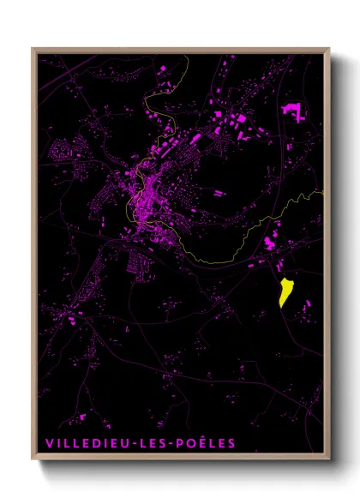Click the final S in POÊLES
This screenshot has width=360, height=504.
[x=231, y=443]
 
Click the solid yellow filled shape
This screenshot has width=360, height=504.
[x=285, y=292]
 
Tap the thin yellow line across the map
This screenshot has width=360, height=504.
[x=231, y=258]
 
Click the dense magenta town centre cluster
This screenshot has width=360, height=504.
[x=146, y=193]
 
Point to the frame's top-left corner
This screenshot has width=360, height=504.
[x=33, y=49]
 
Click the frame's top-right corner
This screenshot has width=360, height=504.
[x=328, y=49]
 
